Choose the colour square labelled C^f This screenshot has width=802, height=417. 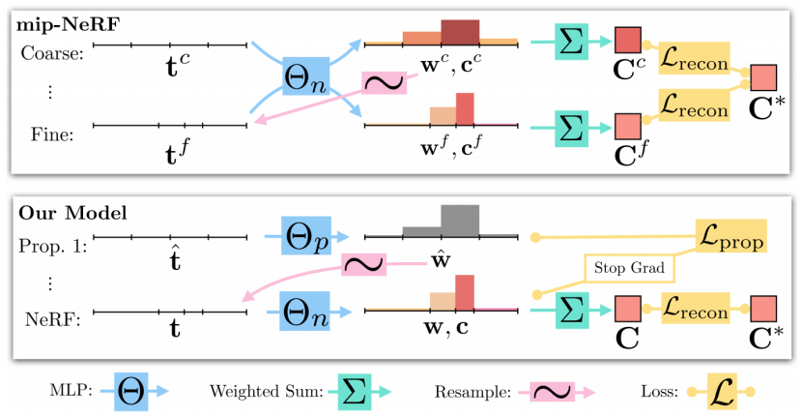click(x=629, y=126)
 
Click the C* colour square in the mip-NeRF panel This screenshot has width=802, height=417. click(x=764, y=76)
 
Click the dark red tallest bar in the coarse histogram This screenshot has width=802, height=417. click(x=459, y=32)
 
